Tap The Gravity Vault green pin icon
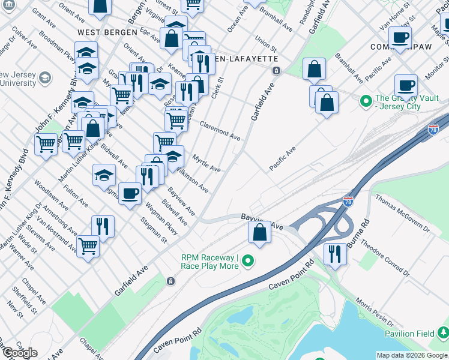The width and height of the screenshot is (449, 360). [365, 101]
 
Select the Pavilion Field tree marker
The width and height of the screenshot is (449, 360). [442, 331]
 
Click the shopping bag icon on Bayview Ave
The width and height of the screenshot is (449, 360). [259, 232]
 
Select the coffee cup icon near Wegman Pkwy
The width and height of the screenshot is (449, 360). [130, 193]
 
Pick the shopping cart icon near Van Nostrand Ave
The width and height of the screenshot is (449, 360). [88, 246]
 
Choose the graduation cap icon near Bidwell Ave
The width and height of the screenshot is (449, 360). [104, 175]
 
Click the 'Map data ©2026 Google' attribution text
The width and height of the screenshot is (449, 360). [411, 355]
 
